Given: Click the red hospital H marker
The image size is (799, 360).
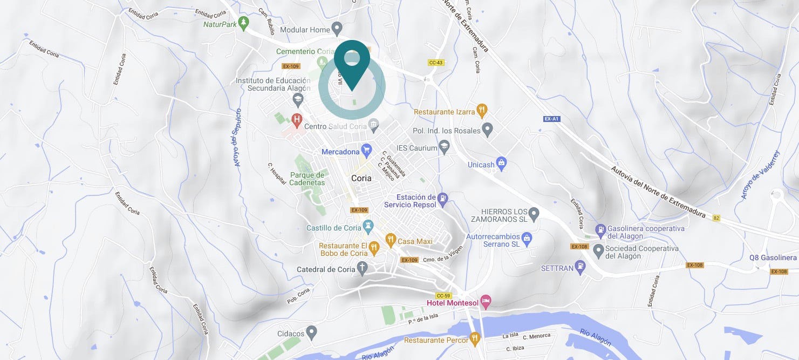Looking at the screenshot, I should tap(296, 118).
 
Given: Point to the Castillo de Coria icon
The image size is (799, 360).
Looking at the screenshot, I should tap(369, 227).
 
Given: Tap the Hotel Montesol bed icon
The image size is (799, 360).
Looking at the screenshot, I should tap(486, 302).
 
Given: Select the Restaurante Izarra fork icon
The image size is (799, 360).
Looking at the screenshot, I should tap(482, 111).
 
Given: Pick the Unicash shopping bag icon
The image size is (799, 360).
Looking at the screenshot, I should tap(501, 163).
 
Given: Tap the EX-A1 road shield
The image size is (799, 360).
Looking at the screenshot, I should tap(550, 118).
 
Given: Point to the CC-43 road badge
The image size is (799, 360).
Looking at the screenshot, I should tap(435, 63).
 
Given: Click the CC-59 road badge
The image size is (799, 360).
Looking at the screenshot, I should tap(443, 295).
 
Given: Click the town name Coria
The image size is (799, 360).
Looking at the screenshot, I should tap(361, 178).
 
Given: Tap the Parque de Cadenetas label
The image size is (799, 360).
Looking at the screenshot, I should tap(307, 179).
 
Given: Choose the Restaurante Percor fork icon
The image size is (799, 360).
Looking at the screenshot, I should tap(475, 339).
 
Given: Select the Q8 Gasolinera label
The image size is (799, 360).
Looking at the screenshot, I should tap(773, 258).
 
